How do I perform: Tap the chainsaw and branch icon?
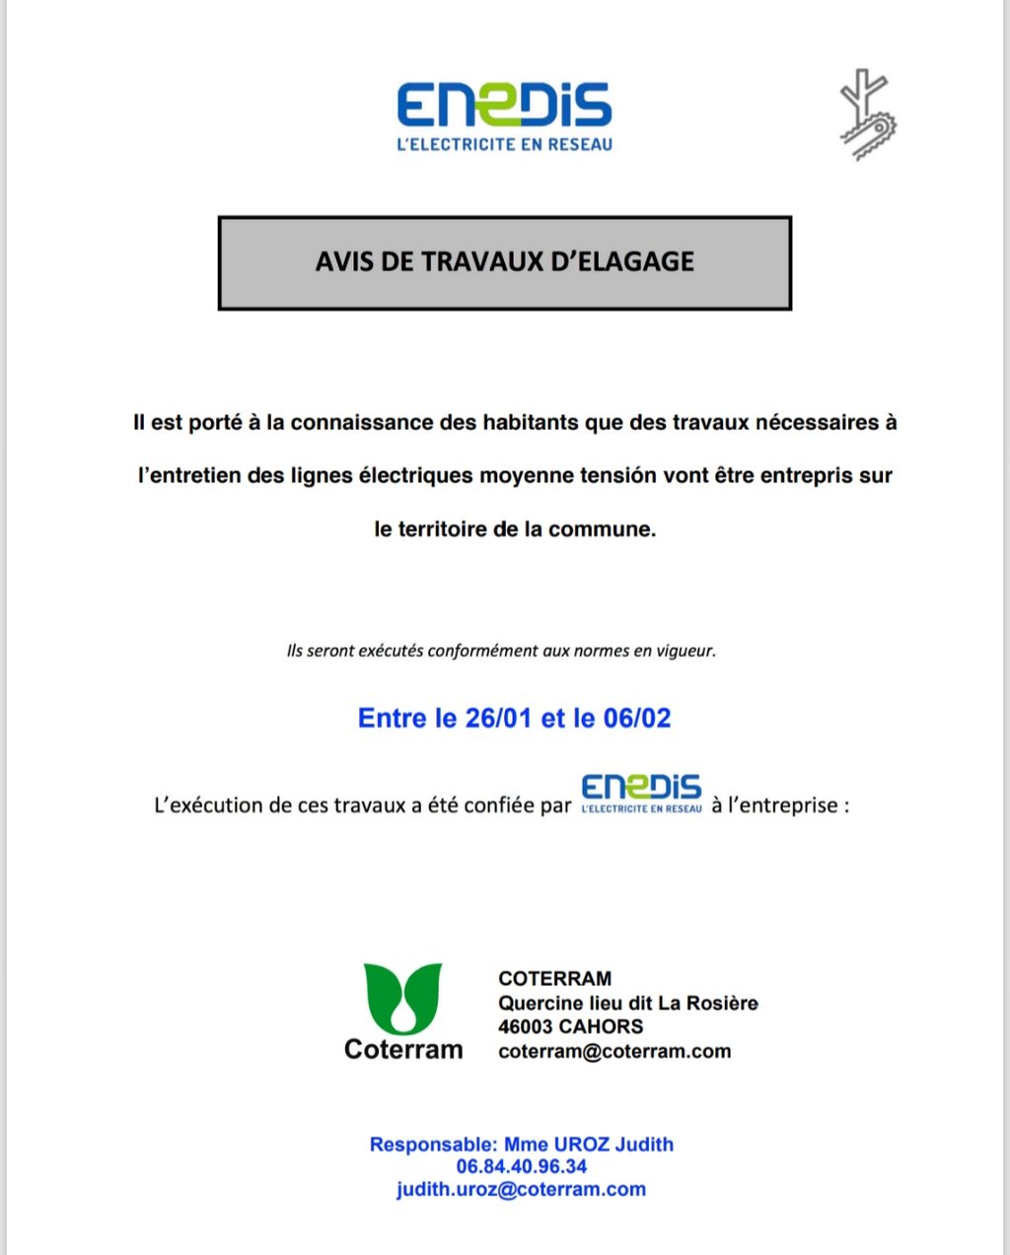click(x=867, y=114)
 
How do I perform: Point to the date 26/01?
click(x=498, y=718)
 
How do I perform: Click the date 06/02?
click(x=637, y=718)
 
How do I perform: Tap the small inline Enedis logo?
click(x=641, y=794)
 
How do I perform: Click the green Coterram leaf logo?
click(x=402, y=998)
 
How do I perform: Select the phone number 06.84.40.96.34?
click(x=521, y=1166)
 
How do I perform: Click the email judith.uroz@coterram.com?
click(x=521, y=1189)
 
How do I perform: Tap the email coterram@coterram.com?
click(x=614, y=1051)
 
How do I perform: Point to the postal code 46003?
click(x=525, y=1026)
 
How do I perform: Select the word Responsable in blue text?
click(x=432, y=1145)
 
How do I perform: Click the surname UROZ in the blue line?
click(x=581, y=1145)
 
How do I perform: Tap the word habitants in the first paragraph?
click(x=530, y=423)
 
